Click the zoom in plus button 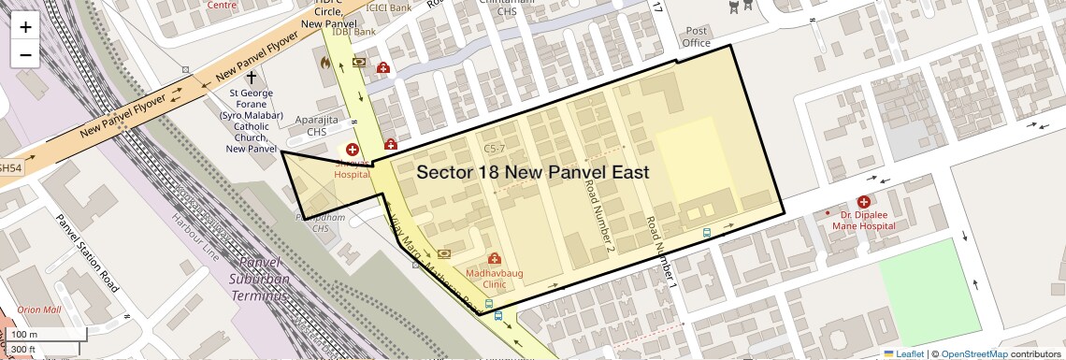pos(25,26)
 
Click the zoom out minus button pos(25,54)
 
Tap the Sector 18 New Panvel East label pos(532,172)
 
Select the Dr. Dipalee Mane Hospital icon pos(863,201)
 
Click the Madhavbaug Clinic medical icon pos(494,258)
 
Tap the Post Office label pos(697,36)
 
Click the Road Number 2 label pos(598,216)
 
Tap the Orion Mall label pos(38,310)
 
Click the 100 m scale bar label pos(24,335)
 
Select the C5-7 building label pos(494,149)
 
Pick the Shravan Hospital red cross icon pos(353,150)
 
